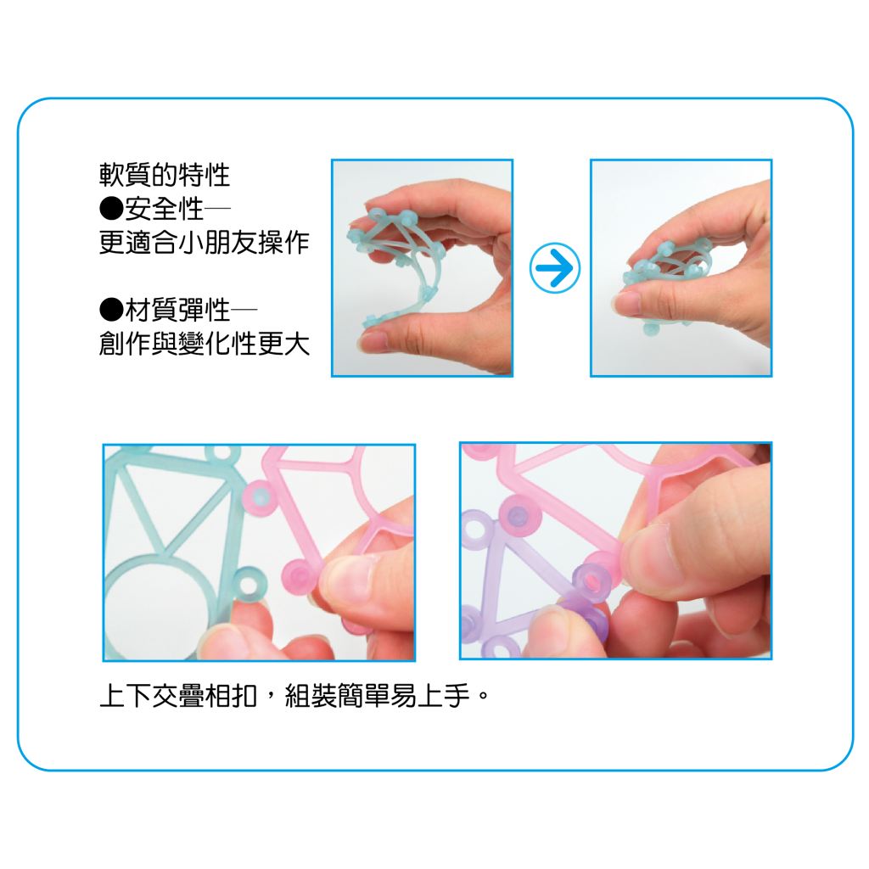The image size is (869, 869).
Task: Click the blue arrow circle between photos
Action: [555, 267]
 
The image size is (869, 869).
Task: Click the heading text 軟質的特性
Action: [165, 175]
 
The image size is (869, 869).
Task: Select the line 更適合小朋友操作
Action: [204, 242]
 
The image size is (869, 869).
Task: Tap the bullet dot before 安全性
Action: [111, 209]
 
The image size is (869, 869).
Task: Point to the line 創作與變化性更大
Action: [204, 344]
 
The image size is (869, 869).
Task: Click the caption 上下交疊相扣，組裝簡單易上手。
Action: [294, 695]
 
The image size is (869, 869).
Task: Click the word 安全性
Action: [164, 209]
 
